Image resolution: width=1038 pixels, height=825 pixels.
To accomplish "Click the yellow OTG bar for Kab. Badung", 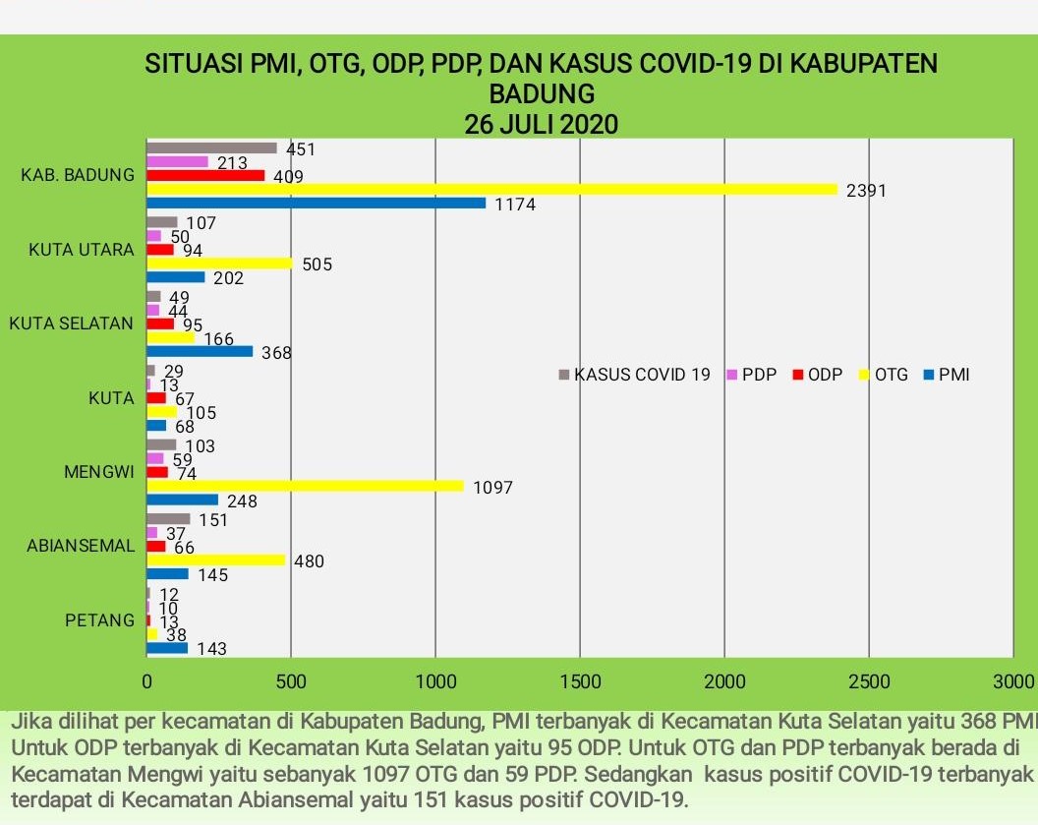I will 491,190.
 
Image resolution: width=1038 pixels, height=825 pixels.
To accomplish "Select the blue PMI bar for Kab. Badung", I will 316,204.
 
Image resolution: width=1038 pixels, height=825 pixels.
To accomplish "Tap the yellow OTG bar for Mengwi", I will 305,486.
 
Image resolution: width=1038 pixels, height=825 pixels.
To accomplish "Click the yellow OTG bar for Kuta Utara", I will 219,264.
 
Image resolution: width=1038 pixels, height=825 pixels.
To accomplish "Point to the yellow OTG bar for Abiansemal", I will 215,560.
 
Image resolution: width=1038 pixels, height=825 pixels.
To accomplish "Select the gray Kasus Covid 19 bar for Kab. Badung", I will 211,148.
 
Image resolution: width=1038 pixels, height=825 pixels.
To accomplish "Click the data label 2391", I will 866,191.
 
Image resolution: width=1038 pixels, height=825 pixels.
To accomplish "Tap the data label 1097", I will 492,488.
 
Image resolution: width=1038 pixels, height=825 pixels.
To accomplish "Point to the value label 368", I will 277,353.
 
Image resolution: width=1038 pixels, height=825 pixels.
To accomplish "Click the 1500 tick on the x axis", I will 580,681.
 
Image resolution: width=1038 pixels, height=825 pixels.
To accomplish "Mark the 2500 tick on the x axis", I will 869,681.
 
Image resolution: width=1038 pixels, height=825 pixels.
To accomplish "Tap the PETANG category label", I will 99,620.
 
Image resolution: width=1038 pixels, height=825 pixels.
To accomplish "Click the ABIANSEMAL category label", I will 81,546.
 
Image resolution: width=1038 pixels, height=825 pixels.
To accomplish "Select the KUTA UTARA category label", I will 82,250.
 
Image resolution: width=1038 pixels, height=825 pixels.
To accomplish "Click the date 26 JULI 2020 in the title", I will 542,125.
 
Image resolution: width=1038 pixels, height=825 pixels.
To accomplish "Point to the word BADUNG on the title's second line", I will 542,94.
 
